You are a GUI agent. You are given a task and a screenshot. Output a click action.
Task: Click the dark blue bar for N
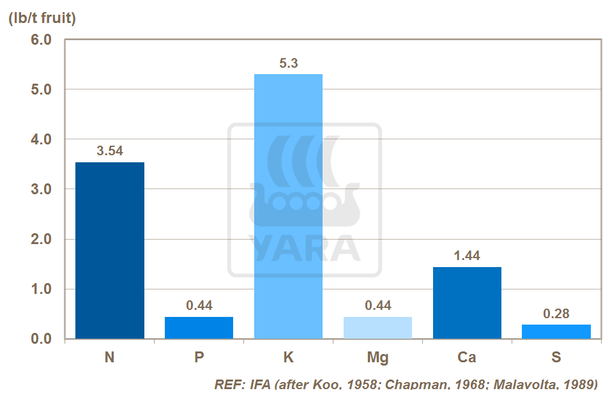(x=110, y=250)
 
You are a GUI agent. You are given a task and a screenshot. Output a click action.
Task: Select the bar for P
(x=199, y=328)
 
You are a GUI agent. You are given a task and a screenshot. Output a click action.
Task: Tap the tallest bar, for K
(x=288, y=206)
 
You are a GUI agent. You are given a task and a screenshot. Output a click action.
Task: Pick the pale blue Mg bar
(x=377, y=328)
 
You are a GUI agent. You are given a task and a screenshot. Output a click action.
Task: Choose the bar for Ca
(x=467, y=303)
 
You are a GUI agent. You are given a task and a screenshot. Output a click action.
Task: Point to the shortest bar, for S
(x=556, y=332)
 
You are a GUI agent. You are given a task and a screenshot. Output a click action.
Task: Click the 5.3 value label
(x=289, y=63)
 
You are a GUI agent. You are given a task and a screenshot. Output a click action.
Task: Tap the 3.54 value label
(x=110, y=151)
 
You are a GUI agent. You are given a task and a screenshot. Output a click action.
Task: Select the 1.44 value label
(x=467, y=256)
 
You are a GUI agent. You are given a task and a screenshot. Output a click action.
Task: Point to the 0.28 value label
(x=556, y=314)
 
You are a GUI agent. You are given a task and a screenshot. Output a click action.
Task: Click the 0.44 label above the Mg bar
(x=377, y=305)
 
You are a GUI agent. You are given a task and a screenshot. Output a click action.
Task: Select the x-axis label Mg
(x=377, y=357)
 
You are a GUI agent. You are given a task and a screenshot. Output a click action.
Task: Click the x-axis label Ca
(x=467, y=357)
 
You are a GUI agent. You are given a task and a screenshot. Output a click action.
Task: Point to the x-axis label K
(x=289, y=357)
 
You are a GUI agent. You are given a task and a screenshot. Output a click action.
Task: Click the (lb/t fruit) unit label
(x=42, y=19)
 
